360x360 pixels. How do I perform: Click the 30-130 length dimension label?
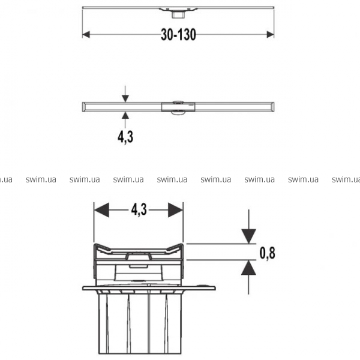pyautogui.click(x=178, y=35)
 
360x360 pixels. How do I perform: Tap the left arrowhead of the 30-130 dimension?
pyautogui.click(x=86, y=35)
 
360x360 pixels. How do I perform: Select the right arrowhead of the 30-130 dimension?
pyautogui.click(x=270, y=35)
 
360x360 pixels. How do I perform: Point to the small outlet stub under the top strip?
pyautogui.click(x=176, y=15)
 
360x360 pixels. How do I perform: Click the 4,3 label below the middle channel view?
pyautogui.click(x=125, y=137)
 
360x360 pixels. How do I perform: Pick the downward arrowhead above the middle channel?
pyautogui.click(x=125, y=98)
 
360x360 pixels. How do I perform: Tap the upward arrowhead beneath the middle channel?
pyautogui.click(x=125, y=115)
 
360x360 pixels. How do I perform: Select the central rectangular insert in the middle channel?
pyautogui.click(x=178, y=107)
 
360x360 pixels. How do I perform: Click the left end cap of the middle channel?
pyautogui.click(x=85, y=107)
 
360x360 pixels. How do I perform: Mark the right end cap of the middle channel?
pyautogui.click(x=272, y=107)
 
